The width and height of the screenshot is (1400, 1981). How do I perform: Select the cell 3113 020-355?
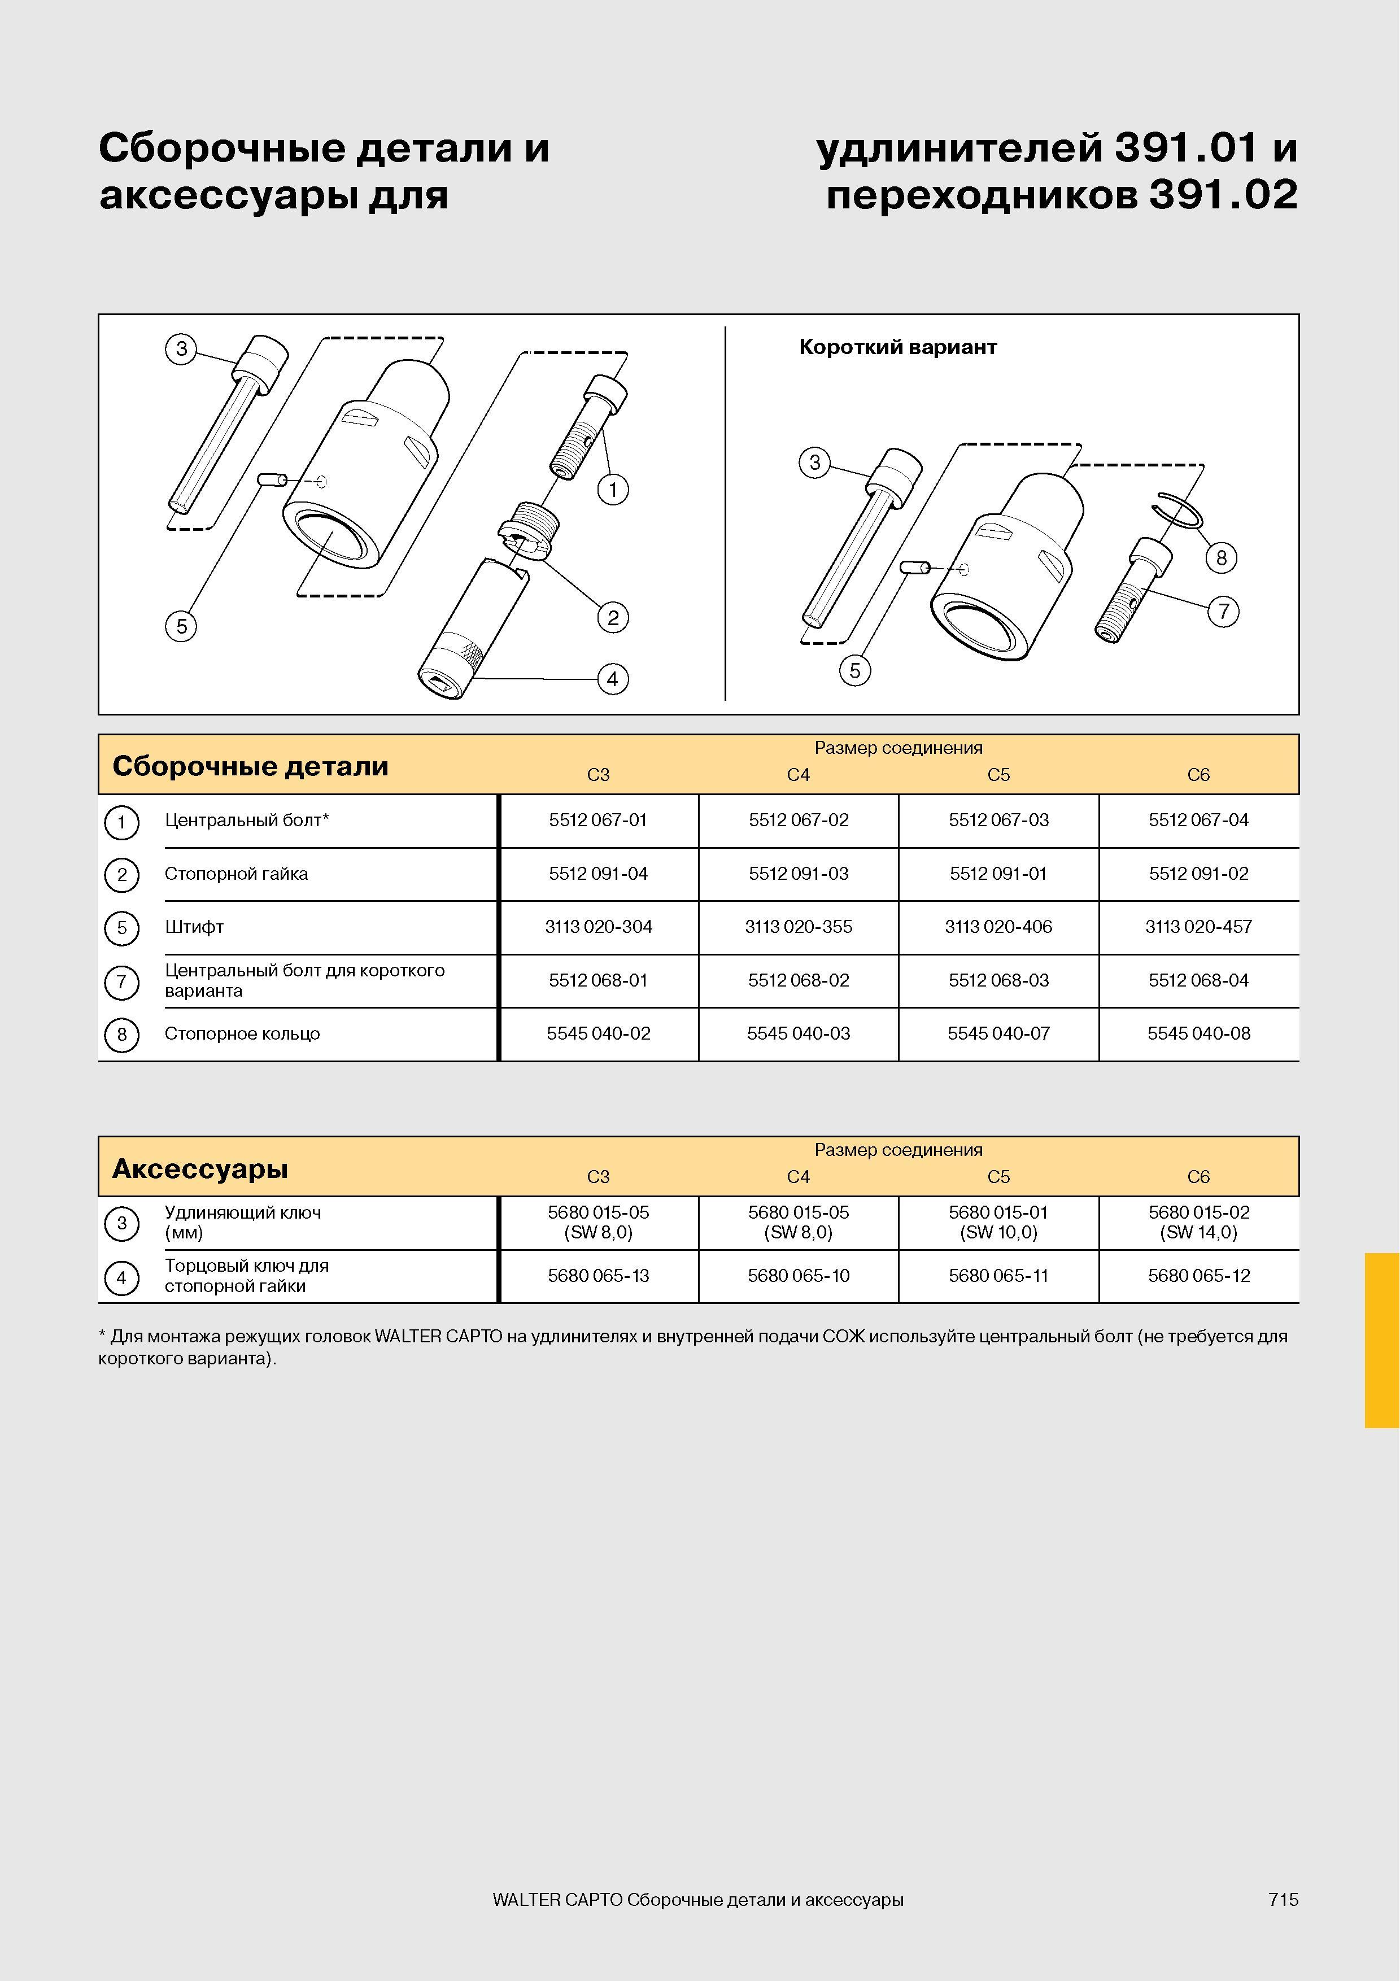click(x=798, y=927)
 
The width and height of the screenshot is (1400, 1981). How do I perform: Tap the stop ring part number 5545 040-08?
click(x=1198, y=1033)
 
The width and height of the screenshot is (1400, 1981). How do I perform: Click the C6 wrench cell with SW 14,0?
click(x=1198, y=1223)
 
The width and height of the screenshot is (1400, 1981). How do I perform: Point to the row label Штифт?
click(x=194, y=927)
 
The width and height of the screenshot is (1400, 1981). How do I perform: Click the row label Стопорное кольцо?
click(x=242, y=1033)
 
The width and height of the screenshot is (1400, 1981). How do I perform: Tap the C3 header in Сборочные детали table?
click(x=598, y=775)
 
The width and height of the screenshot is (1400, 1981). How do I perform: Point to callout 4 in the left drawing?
click(x=612, y=679)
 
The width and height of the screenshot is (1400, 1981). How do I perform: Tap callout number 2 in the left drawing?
click(x=612, y=618)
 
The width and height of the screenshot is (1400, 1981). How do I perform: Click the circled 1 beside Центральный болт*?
click(x=121, y=822)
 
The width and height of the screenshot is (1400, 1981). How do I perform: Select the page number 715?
click(x=1283, y=1899)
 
